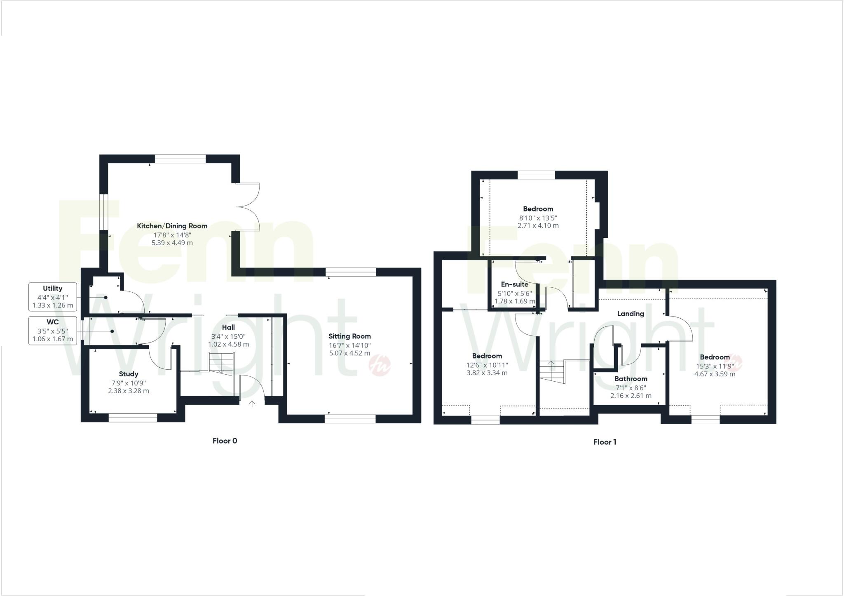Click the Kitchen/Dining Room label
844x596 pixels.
[x=172, y=226]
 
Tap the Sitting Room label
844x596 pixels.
[x=349, y=336]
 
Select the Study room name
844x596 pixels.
[x=129, y=374]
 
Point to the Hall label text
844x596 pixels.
[x=228, y=327]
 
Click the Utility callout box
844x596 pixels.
[x=53, y=297]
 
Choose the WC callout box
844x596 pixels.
[x=53, y=331]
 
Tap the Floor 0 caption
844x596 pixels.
[x=225, y=441]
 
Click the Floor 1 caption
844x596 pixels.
[x=605, y=442]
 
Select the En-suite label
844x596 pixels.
[x=515, y=284]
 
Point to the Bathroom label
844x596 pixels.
[x=631, y=379]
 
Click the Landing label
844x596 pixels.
[x=631, y=314]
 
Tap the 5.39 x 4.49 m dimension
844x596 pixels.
[x=172, y=243]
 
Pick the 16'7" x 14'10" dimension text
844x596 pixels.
[x=349, y=345]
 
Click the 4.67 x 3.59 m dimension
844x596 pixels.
[x=715, y=374]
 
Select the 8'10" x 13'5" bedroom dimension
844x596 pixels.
[x=538, y=218]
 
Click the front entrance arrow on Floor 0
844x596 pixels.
[x=252, y=404]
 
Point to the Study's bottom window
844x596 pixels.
[x=133, y=418]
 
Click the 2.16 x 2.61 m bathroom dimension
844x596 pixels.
[x=631, y=396]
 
